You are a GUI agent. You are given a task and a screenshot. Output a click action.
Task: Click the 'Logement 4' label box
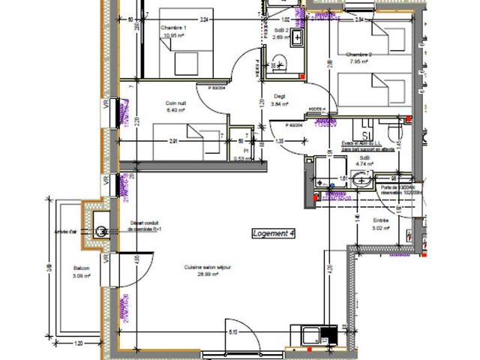point(274,234)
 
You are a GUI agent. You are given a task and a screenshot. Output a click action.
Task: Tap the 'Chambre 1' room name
point(172,28)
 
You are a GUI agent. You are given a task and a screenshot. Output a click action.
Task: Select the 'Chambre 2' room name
point(358,55)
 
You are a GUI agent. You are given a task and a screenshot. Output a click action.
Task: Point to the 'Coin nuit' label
point(176,103)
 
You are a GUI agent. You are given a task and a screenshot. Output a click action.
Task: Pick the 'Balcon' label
point(81,269)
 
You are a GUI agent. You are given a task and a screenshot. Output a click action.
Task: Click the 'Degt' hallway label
point(279,96)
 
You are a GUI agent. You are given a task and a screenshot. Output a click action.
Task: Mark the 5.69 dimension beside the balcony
point(48,267)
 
